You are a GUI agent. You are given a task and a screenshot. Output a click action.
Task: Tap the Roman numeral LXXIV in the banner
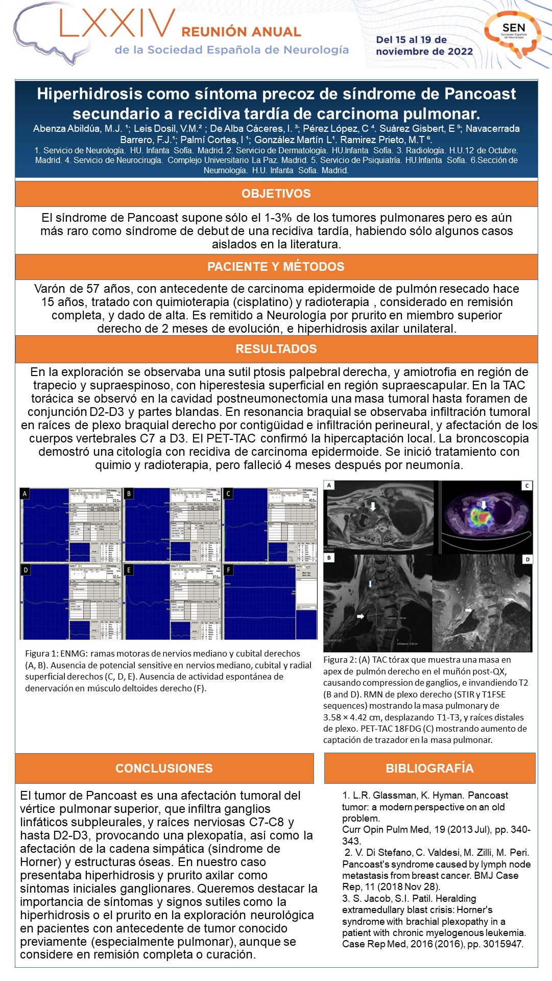118,24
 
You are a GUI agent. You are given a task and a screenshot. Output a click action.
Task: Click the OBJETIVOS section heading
276,194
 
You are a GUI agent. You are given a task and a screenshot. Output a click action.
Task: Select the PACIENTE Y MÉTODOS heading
276,267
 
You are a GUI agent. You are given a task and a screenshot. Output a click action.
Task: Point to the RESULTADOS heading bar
276,349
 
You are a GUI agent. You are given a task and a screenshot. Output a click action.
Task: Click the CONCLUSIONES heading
164,768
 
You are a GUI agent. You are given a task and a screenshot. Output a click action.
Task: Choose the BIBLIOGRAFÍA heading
429,768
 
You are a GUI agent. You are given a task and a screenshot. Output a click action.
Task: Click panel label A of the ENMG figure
25,494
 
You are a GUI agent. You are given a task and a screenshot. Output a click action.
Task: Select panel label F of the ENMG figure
229,570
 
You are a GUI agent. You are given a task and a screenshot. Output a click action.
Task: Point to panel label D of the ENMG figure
26,570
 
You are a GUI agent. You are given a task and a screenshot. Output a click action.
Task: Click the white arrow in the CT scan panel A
373,506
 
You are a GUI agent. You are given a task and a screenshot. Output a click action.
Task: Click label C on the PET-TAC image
526,485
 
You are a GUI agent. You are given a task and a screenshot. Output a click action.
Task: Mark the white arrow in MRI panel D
468,610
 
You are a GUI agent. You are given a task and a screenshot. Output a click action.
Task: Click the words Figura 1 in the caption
41,653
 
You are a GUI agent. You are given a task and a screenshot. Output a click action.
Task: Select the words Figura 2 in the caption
340,660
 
